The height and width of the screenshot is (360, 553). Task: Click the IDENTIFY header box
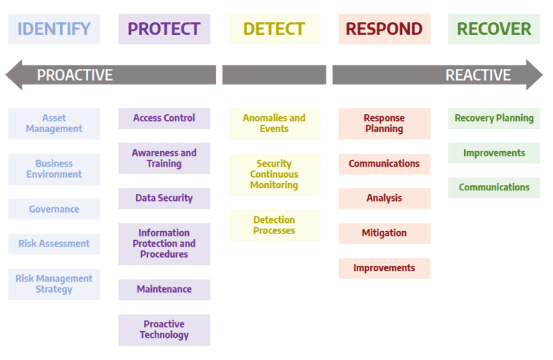pyautogui.click(x=54, y=29)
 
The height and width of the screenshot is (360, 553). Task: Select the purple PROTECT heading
pyautogui.click(x=164, y=29)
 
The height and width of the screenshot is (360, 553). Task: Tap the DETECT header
pyautogui.click(x=274, y=29)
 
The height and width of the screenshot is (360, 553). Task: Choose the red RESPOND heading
pyautogui.click(x=384, y=29)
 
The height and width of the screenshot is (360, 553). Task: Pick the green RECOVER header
pyautogui.click(x=494, y=29)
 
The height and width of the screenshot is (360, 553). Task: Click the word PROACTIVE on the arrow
pyautogui.click(x=75, y=75)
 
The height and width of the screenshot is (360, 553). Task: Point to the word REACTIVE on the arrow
pyautogui.click(x=478, y=75)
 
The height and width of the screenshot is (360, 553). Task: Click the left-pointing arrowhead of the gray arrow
pyautogui.click(x=14, y=75)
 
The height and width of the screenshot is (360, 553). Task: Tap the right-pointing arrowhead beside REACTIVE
pyautogui.click(x=534, y=75)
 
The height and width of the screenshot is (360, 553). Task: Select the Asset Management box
pyautogui.click(x=54, y=124)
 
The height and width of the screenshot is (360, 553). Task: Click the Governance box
pyautogui.click(x=54, y=210)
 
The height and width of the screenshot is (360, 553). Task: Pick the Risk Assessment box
pyautogui.click(x=54, y=244)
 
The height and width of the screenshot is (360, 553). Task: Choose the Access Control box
pyautogui.click(x=164, y=119)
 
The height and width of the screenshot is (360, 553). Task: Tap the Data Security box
pyautogui.click(x=164, y=199)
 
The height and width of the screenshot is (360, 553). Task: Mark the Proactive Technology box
pyautogui.click(x=164, y=330)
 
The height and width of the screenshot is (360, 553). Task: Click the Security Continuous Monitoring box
pyautogui.click(x=274, y=175)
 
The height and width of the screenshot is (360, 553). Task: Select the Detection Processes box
pyautogui.click(x=274, y=225)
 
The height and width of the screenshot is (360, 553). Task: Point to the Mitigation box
pyautogui.click(x=384, y=233)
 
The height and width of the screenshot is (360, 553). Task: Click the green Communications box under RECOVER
pyautogui.click(x=494, y=187)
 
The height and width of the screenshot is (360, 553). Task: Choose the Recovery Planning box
pyautogui.click(x=494, y=119)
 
